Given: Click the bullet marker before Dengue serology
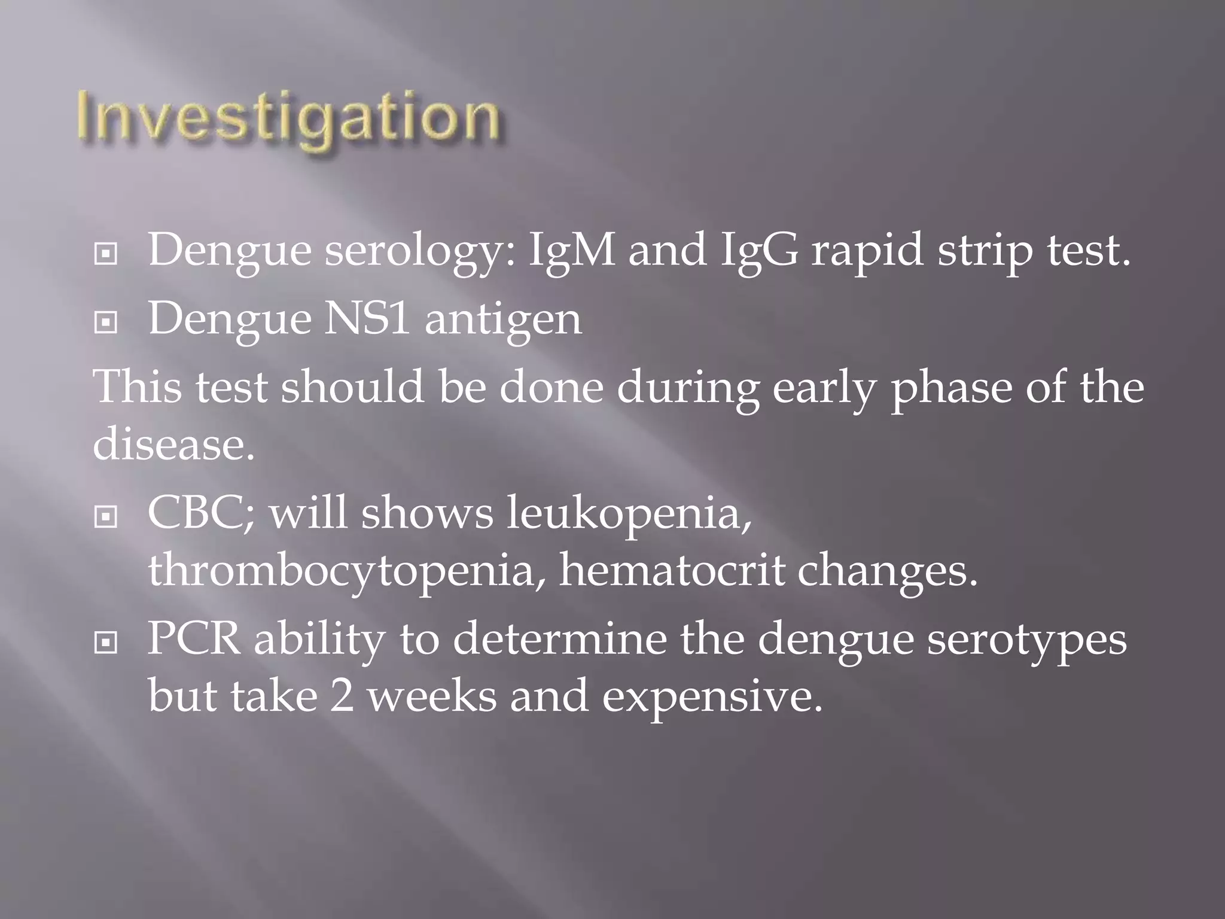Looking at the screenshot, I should [x=106, y=254].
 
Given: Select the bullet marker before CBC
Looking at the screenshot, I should [x=106, y=516].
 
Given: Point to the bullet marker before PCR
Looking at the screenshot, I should [x=106, y=643].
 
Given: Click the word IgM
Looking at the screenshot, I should [x=572, y=250].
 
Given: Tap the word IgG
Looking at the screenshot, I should [x=759, y=250].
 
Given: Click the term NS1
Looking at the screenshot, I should [x=367, y=318].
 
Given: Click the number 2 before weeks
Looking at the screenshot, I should [x=342, y=696].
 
